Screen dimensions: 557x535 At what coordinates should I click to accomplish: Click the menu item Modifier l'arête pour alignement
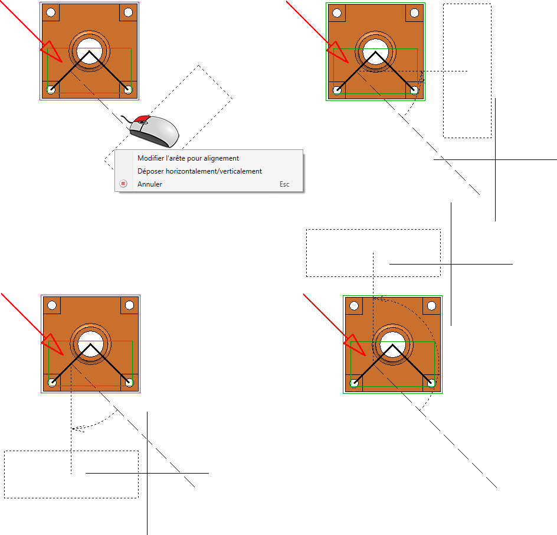click(x=188, y=158)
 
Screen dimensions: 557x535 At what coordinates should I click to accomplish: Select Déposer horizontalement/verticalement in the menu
click(x=199, y=171)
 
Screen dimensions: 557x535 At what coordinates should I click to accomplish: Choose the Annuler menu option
click(x=149, y=184)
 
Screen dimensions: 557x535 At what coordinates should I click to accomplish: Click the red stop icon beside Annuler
click(x=123, y=184)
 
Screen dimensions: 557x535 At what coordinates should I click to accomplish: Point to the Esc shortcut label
click(x=284, y=184)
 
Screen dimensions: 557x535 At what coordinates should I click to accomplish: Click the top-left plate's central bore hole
click(x=90, y=51)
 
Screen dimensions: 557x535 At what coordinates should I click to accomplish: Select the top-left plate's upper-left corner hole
click(x=51, y=12)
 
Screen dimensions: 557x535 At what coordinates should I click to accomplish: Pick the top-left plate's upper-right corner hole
click(x=128, y=12)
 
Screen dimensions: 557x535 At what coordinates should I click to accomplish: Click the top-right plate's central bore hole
click(x=375, y=52)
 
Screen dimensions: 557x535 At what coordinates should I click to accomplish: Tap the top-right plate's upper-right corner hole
click(x=414, y=13)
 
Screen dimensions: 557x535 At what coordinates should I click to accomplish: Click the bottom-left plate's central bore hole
click(x=91, y=344)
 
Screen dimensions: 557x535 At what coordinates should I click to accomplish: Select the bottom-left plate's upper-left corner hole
click(x=52, y=305)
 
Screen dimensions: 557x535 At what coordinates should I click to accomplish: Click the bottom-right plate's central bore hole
click(x=392, y=345)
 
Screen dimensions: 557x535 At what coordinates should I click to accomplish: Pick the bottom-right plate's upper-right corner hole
click(x=431, y=306)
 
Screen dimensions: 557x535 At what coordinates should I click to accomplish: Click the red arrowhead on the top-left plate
click(x=52, y=52)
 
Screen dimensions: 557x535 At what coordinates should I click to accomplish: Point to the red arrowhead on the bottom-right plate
click(x=355, y=345)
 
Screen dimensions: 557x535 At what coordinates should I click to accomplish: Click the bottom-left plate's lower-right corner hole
click(x=129, y=383)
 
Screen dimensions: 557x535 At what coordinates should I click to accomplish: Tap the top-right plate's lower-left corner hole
click(x=337, y=91)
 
